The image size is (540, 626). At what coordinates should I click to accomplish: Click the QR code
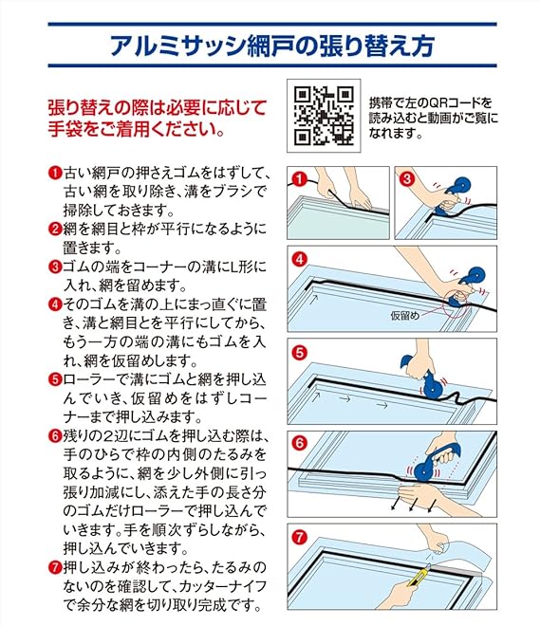pos(324,116)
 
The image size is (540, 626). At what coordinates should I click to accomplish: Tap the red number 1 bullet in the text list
pos(55,174)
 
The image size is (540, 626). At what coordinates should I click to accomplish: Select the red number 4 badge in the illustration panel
pos(300,260)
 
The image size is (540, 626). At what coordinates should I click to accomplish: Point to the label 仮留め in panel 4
pos(405,316)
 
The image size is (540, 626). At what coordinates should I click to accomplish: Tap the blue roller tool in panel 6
pos(434,462)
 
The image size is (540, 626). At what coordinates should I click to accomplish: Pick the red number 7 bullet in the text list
pos(55,567)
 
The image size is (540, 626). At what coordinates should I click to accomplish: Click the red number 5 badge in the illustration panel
pos(300,353)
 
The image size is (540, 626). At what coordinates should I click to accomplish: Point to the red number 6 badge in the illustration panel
pos(300,443)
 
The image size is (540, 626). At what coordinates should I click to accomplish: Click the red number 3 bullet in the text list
pos(55,267)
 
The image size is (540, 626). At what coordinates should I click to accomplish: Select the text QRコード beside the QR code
pos(450,103)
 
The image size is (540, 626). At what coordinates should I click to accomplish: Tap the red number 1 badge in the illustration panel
pos(300,179)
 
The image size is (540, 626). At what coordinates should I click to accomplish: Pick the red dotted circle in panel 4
pos(456,304)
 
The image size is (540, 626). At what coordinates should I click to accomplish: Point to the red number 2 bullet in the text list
pos(55,230)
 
